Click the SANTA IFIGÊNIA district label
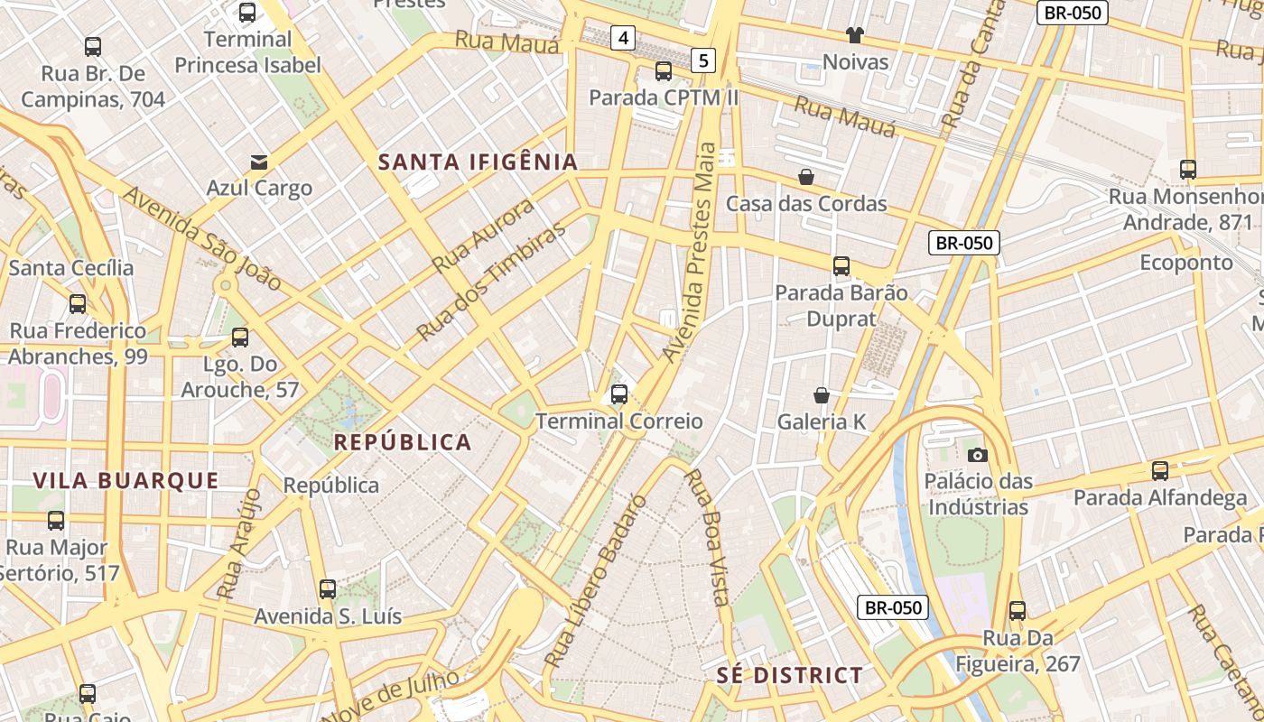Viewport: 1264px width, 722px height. (x=478, y=162)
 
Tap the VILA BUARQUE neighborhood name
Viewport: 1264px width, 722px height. (x=126, y=481)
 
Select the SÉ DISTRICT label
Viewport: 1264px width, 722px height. (x=790, y=675)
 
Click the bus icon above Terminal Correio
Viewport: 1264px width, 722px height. (x=619, y=394)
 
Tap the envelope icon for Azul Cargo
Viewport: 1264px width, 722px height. (x=259, y=162)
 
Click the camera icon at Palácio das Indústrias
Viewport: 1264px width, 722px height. (x=977, y=455)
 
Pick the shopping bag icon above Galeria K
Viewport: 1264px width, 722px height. (x=822, y=395)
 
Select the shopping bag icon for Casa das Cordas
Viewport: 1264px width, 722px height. (x=806, y=177)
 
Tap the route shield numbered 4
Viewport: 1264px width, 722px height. (x=623, y=38)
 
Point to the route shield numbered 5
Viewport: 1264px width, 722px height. (x=703, y=60)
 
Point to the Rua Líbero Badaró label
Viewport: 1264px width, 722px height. (x=597, y=582)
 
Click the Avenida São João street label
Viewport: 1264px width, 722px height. (x=201, y=237)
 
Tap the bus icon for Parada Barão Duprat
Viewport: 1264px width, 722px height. (x=841, y=266)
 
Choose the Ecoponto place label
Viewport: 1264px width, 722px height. (x=1186, y=263)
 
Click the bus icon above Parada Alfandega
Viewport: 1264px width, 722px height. (x=1160, y=471)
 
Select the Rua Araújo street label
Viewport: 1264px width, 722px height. (x=239, y=544)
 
